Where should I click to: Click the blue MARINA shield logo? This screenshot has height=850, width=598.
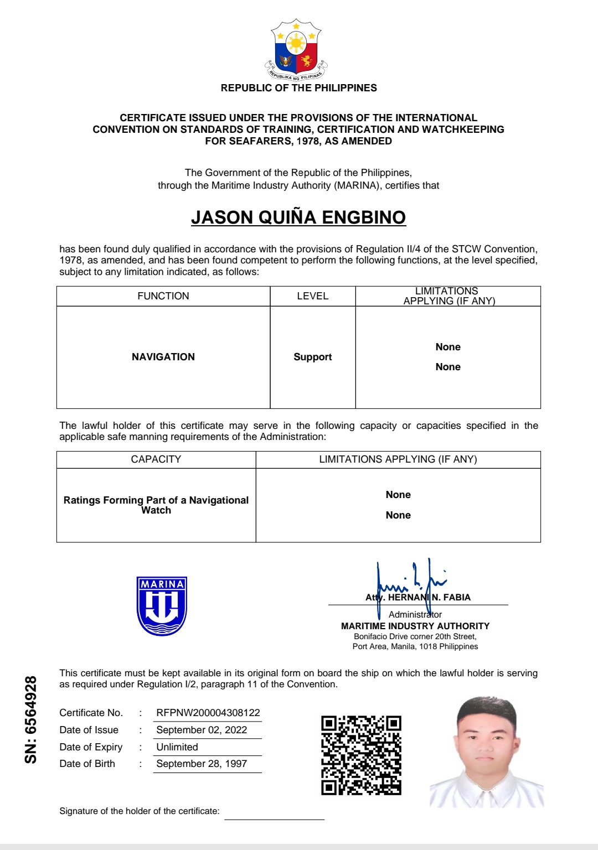(x=162, y=606)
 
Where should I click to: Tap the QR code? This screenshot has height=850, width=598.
(x=361, y=755)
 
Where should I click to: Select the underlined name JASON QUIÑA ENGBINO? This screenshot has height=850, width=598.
(x=298, y=217)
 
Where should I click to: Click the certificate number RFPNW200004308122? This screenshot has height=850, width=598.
(x=208, y=713)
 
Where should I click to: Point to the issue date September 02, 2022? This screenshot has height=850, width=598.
(x=202, y=730)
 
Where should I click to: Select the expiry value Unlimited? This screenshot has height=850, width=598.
(x=177, y=747)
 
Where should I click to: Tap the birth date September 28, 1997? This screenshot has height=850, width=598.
(x=202, y=764)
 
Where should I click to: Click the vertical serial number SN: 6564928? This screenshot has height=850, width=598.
(x=31, y=719)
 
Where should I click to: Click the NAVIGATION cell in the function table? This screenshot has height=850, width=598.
(x=163, y=357)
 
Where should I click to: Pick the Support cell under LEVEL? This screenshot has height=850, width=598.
(x=312, y=357)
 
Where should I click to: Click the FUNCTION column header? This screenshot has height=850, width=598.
(x=163, y=296)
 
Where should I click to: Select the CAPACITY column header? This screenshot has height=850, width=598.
(x=156, y=459)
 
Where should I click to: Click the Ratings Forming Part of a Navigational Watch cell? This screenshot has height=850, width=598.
(x=156, y=505)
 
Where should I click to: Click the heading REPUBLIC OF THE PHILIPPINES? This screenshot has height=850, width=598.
(x=298, y=88)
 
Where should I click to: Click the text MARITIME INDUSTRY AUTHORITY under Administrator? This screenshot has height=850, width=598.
(x=415, y=626)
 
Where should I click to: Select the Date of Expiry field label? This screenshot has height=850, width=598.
(x=91, y=747)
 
